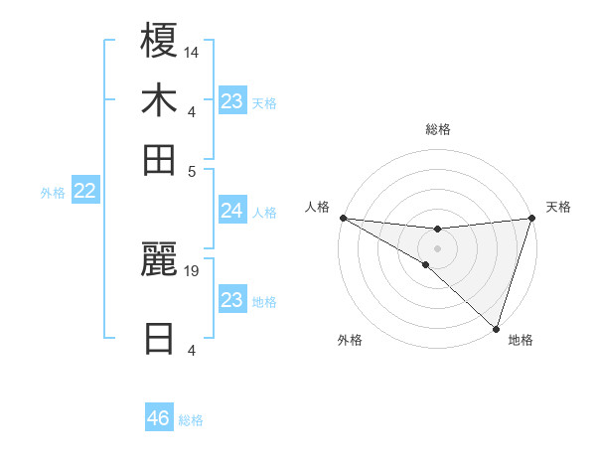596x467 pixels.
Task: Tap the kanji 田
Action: (159, 159)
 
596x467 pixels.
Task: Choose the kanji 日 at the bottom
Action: (159, 338)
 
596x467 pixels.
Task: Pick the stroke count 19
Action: (193, 269)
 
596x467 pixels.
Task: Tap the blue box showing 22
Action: (84, 192)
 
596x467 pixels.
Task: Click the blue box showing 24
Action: (231, 211)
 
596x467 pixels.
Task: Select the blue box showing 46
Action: (158, 418)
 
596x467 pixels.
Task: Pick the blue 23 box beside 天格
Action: (231, 101)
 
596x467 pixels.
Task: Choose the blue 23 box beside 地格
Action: (231, 300)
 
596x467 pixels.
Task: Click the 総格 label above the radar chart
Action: (437, 129)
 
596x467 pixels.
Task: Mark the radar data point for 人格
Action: (343, 217)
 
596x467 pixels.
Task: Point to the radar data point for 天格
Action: (530, 219)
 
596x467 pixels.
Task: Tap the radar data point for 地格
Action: (495, 328)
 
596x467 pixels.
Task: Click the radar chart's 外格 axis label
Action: (350, 340)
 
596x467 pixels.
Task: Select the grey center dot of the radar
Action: (437, 247)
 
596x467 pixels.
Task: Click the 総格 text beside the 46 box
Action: (191, 419)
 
